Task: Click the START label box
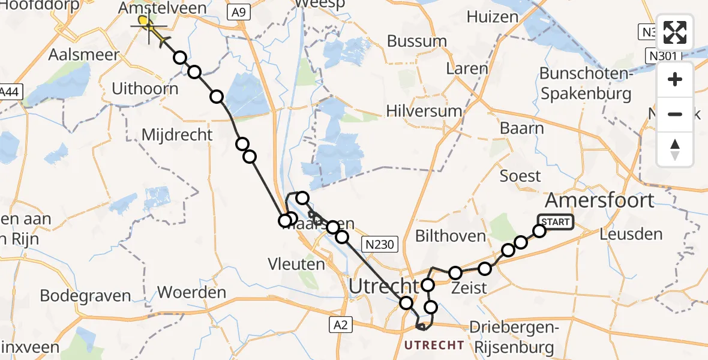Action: click(556, 222)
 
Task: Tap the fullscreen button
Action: click(675, 33)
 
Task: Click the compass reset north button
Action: click(675, 149)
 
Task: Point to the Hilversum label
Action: click(424, 111)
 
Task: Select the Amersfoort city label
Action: click(599, 200)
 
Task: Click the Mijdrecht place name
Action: click(177, 134)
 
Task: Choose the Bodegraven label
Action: click(85, 296)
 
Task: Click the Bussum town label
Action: click(417, 41)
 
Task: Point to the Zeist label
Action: click(470, 288)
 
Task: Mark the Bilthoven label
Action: click(450, 236)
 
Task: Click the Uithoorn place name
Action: click(145, 89)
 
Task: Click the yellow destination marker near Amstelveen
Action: click(145, 22)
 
